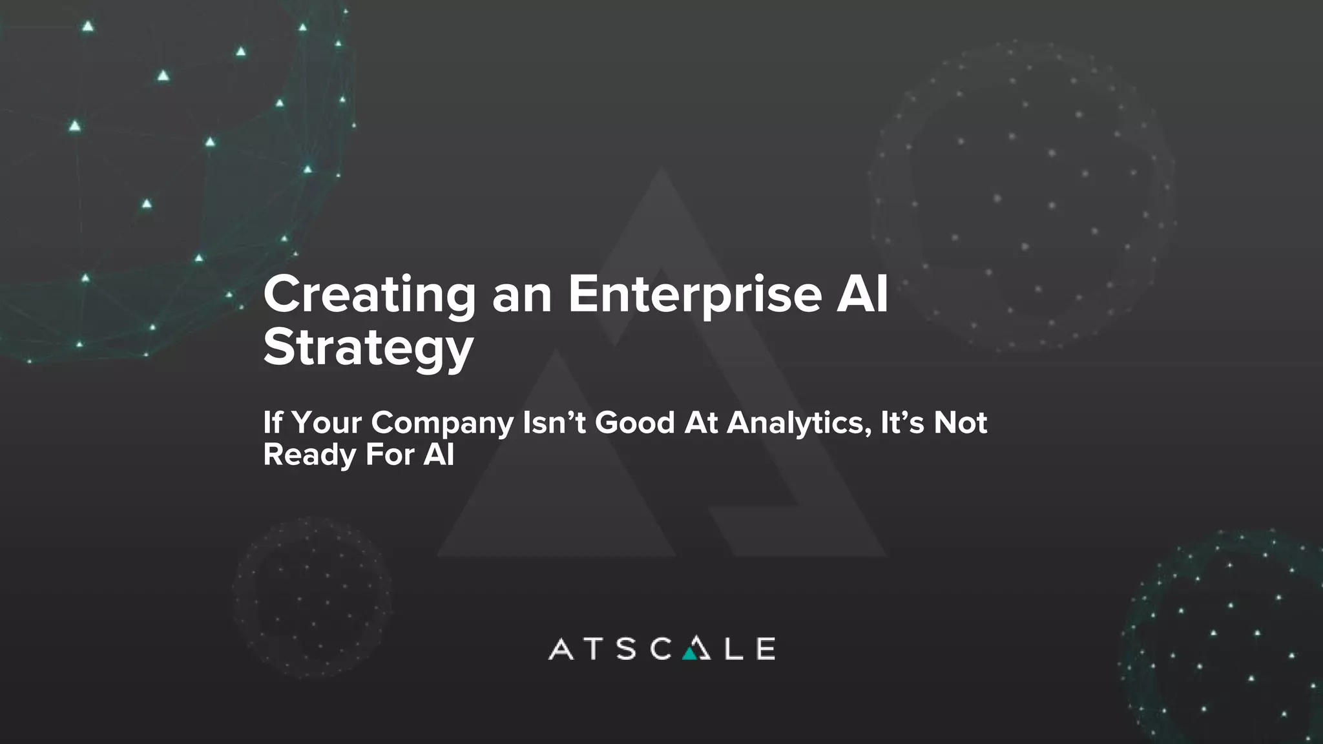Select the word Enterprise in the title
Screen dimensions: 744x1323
click(695, 295)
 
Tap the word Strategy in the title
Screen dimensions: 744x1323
click(368, 349)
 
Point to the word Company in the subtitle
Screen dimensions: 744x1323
click(442, 424)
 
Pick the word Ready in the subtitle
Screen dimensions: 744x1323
click(309, 455)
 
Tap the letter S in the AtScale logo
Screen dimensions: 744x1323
click(626, 649)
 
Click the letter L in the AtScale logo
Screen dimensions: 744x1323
click(733, 649)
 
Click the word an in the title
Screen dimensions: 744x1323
click(521, 295)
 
